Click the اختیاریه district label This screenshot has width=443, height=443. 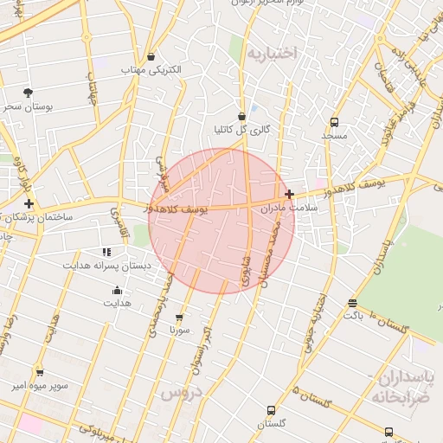272,54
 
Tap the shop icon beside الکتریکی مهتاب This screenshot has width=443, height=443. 151,56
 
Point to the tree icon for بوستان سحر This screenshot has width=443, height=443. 29,93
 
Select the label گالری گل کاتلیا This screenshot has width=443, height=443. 241,130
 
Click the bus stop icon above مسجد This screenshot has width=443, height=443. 334,123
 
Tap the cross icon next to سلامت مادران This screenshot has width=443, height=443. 289,195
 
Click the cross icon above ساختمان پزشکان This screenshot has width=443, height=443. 29,203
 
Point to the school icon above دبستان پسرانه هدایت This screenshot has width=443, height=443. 106,252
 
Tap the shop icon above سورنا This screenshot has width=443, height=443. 179,318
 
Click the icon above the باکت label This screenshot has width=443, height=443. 352,303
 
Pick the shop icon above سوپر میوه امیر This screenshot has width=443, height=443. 39,373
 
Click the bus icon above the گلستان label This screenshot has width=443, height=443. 272,410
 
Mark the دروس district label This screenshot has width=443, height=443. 179,392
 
